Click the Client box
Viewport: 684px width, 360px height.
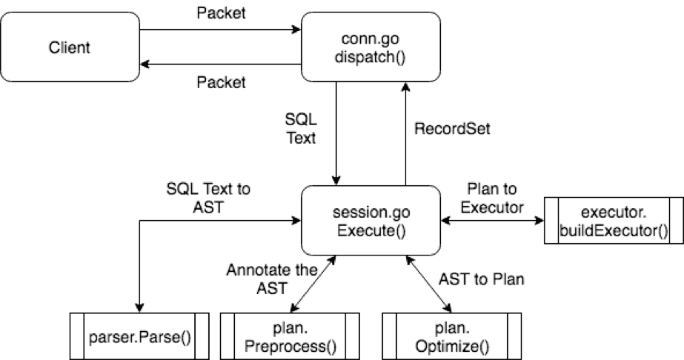(x=70, y=47)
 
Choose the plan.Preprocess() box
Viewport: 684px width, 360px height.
(x=290, y=337)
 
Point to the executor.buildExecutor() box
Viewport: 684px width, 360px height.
(x=614, y=220)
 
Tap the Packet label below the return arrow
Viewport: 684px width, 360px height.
(x=220, y=82)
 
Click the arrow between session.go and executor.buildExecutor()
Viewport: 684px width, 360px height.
(x=494, y=219)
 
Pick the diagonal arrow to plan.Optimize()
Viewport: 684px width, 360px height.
(x=428, y=284)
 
